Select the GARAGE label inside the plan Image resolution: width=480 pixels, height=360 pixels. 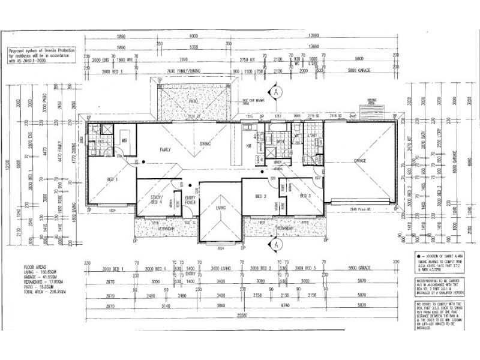[360, 161]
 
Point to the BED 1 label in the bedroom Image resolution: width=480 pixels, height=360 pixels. [112, 180]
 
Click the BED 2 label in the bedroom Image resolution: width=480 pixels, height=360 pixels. [260, 196]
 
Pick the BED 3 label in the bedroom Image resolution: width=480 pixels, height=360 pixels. [305, 196]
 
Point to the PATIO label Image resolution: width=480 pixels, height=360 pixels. [193, 102]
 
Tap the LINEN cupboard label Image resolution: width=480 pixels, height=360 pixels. [277, 161]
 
